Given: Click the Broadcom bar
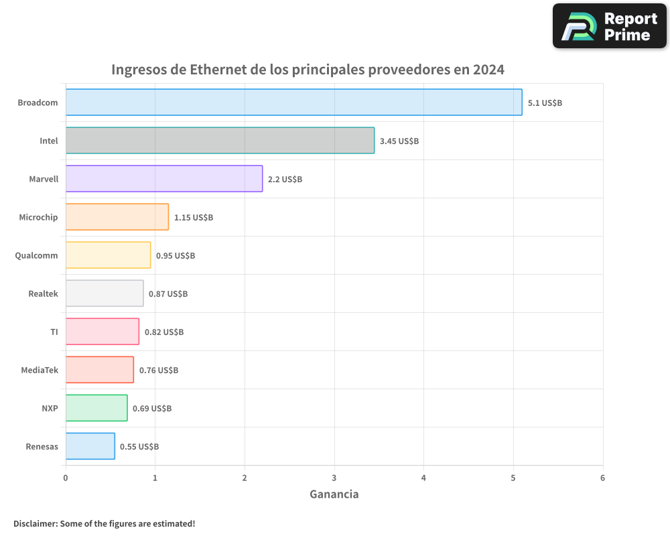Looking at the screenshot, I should point(293,102).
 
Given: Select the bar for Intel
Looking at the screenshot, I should point(220,140).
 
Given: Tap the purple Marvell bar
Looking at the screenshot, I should point(164,178).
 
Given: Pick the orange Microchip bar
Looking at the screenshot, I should point(117,216).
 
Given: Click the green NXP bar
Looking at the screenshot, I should point(96,407).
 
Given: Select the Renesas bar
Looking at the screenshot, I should point(90,446).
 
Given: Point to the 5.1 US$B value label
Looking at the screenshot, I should point(545,103).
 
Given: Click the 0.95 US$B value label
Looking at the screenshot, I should point(176,255).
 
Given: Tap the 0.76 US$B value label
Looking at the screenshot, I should point(159,370).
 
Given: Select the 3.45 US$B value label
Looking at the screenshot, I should point(399,141).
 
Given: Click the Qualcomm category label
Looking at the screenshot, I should point(36,255).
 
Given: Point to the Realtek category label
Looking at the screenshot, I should point(43,293).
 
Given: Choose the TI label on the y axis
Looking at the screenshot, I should point(54,332).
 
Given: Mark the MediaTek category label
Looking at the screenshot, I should point(40,370).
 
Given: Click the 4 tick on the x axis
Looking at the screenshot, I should point(423,478).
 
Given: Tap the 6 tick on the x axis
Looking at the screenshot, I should point(602,478).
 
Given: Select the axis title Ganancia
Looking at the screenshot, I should point(334,494).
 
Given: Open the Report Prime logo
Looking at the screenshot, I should point(610,26).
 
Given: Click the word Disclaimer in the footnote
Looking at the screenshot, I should point(35,523).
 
